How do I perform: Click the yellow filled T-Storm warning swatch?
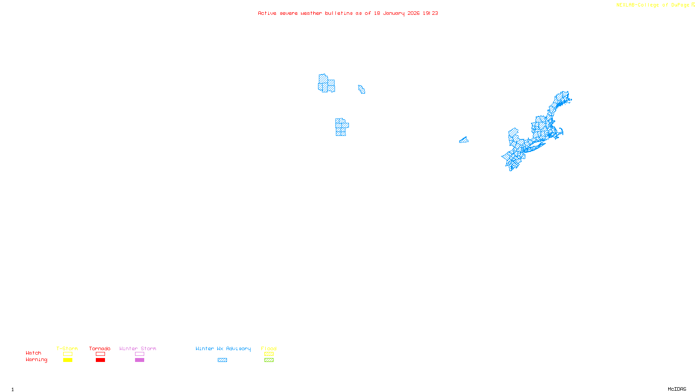[68, 360]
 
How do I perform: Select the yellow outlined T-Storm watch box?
[68, 354]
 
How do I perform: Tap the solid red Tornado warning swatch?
[100, 360]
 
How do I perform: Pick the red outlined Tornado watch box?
[100, 354]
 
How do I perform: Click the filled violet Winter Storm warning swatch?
[139, 360]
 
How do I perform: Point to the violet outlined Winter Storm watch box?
[139, 354]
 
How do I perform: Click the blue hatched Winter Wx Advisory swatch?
[222, 360]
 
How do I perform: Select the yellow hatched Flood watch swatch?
[269, 354]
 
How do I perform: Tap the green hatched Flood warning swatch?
[269, 360]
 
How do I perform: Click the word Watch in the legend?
[34, 353]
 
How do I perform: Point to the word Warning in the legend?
[36, 360]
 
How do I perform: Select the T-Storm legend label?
[67, 348]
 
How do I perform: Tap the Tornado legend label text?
[100, 348]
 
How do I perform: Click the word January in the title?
[394, 14]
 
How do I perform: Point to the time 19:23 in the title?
[430, 14]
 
